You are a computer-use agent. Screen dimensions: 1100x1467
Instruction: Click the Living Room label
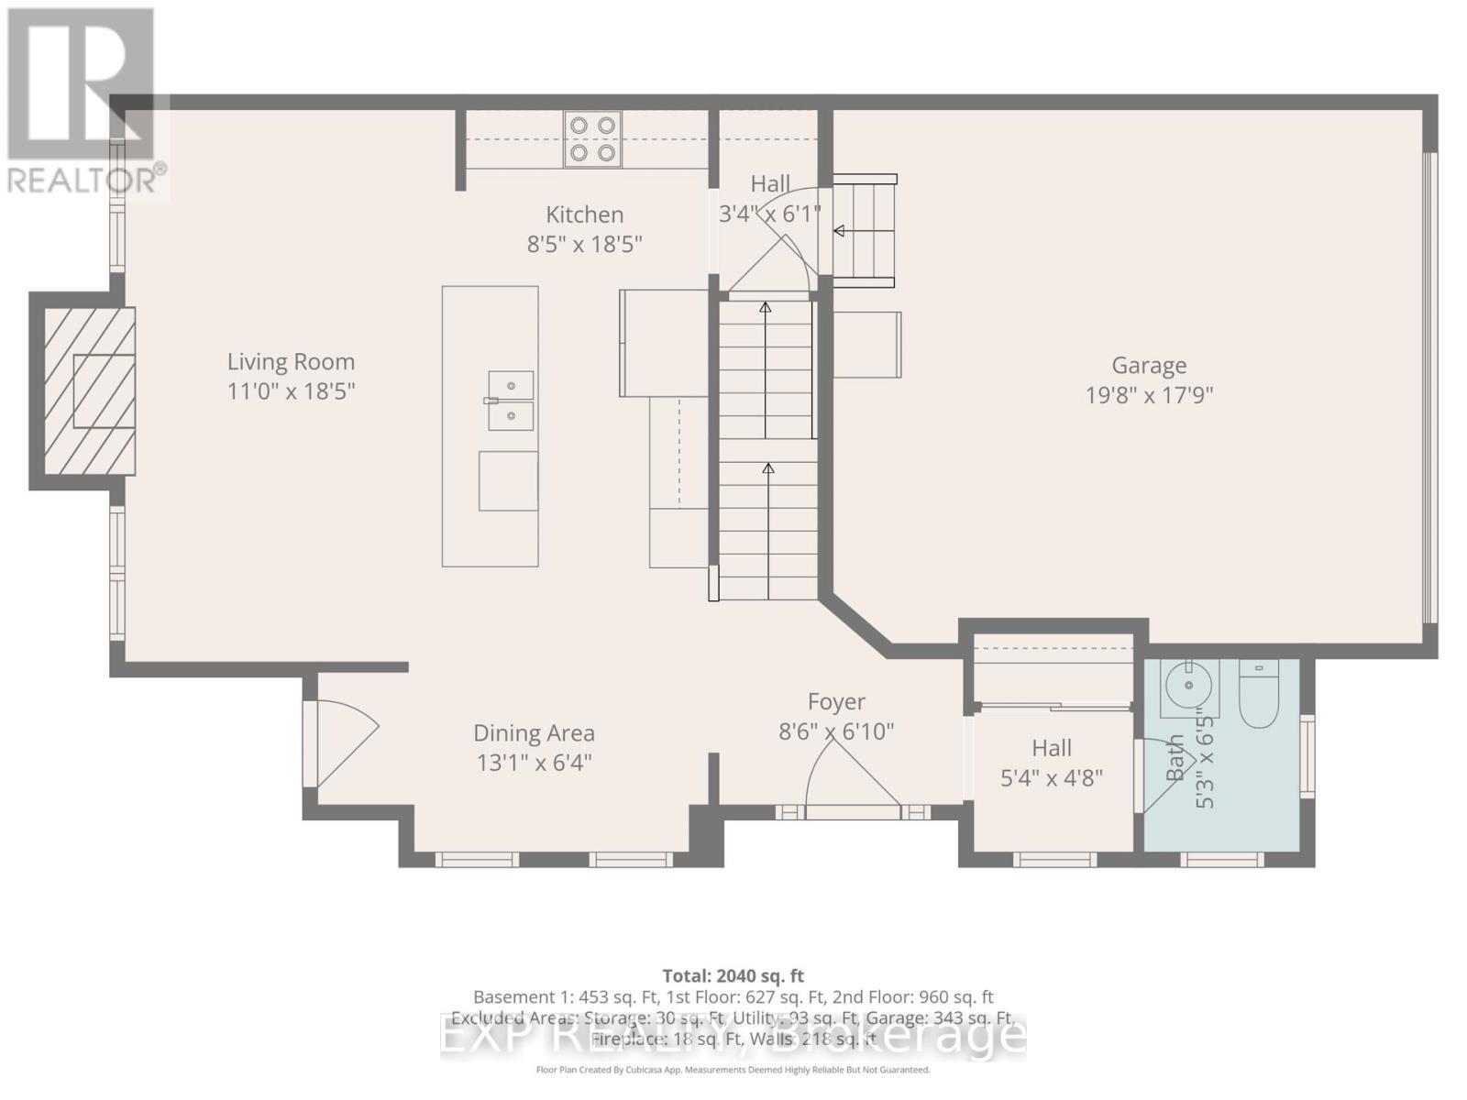pyautogui.click(x=291, y=362)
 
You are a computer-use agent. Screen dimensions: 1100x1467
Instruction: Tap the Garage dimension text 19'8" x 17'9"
pyautogui.click(x=1149, y=395)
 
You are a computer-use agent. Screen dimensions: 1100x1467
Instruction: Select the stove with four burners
pyautogui.click(x=592, y=139)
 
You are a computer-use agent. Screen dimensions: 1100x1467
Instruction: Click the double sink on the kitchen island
pyautogui.click(x=511, y=401)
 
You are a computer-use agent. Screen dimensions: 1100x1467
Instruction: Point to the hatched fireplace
pyautogui.click(x=90, y=390)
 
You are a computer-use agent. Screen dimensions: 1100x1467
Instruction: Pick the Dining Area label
pyautogui.click(x=534, y=733)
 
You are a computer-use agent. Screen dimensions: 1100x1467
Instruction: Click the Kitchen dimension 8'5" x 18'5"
pyautogui.click(x=584, y=245)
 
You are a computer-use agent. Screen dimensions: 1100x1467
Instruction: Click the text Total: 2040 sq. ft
pyautogui.click(x=733, y=976)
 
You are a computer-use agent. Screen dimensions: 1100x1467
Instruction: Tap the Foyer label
pyautogui.click(x=835, y=702)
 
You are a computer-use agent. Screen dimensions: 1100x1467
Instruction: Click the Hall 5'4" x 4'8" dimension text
pyautogui.click(x=1051, y=778)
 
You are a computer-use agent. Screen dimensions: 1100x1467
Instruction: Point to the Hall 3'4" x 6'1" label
pyautogui.click(x=769, y=184)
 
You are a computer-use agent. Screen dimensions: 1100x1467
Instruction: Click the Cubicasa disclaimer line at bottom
pyautogui.click(x=733, y=1070)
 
